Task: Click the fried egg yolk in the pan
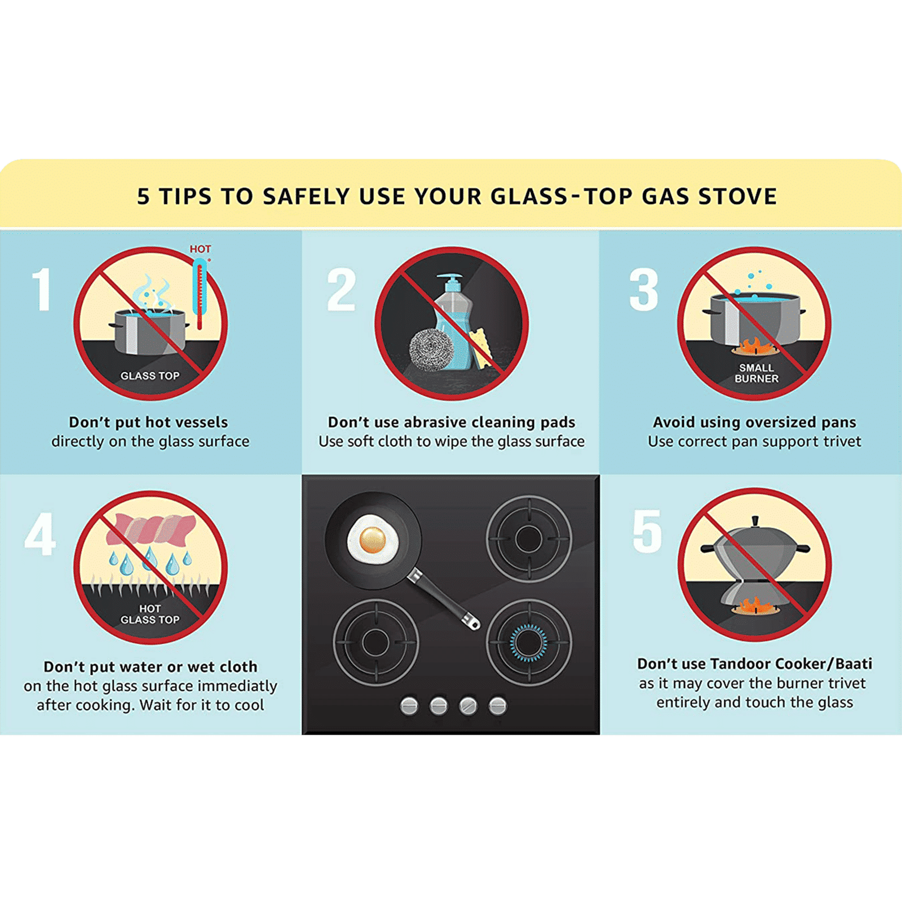373,540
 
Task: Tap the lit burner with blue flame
529,643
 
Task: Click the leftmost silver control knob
409,705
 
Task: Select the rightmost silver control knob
497,705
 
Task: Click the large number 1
42,289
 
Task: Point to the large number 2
342,289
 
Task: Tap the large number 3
644,289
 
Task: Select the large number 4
40,533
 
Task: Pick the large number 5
647,530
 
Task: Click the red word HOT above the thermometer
200,249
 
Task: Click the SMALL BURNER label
757,373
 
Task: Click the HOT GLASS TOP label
150,614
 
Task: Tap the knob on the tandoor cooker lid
755,521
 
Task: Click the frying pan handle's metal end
471,621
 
